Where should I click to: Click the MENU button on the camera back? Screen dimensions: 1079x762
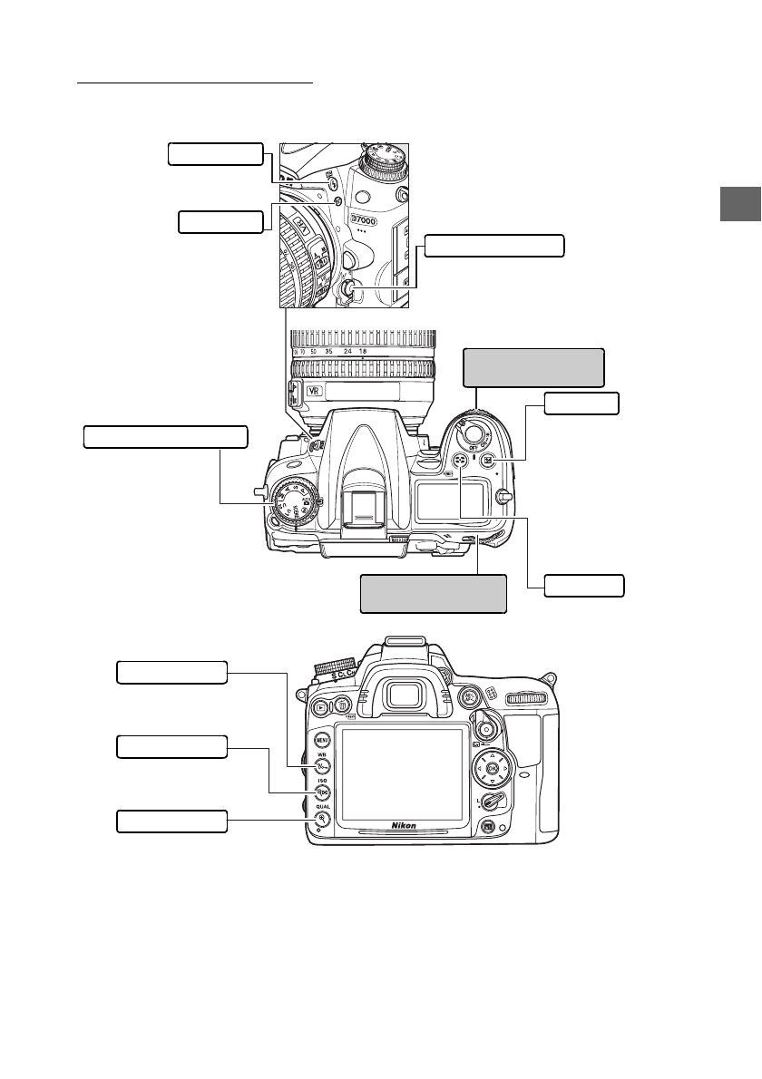(321, 739)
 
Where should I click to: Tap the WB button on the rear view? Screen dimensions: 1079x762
(321, 765)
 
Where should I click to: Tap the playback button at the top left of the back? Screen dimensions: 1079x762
(322, 706)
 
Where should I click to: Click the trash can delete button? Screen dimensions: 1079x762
(341, 706)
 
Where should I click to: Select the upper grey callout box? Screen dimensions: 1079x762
(532, 367)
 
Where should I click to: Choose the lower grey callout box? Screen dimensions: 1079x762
(433, 594)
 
